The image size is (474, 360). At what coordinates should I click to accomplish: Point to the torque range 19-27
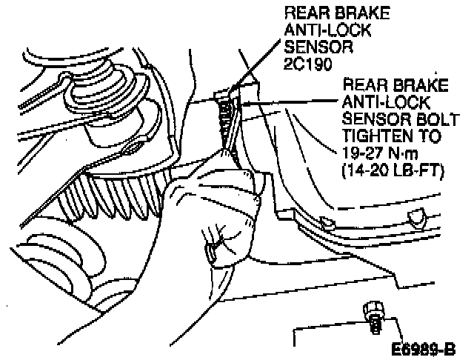(361, 154)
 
